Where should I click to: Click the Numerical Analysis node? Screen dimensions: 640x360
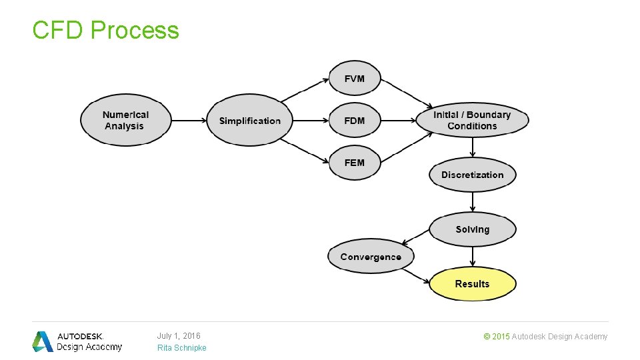pyautogui.click(x=126, y=120)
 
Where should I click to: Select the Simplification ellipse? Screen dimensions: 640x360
pyautogui.click(x=249, y=120)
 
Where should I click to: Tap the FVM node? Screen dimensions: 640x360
pyautogui.click(x=355, y=79)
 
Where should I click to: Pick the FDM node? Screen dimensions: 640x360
pyautogui.click(x=355, y=121)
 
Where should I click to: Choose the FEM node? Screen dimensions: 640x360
pyautogui.click(x=355, y=163)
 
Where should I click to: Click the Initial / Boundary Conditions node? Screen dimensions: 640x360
pyautogui.click(x=472, y=120)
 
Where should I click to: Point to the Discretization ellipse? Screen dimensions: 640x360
pyautogui.click(x=472, y=175)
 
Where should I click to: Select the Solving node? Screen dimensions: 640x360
pyautogui.click(x=472, y=229)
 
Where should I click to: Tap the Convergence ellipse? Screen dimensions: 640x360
pyautogui.click(x=371, y=256)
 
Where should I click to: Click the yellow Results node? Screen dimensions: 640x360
pyautogui.click(x=472, y=284)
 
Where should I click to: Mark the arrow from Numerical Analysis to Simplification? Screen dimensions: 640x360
pyautogui.click(x=189, y=121)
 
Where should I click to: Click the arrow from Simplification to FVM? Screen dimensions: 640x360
pyautogui.click(x=305, y=90)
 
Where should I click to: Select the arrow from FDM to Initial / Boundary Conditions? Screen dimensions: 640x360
pyautogui.click(x=399, y=121)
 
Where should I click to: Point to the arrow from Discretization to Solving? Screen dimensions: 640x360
pyautogui.click(x=472, y=202)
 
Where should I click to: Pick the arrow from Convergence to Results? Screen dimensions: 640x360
pyautogui.click(x=416, y=276)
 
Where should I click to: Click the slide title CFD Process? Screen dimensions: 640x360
pyautogui.click(x=105, y=30)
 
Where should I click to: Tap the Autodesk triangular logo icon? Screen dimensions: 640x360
pyautogui.click(x=43, y=341)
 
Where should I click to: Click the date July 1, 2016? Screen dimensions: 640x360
pyautogui.click(x=179, y=336)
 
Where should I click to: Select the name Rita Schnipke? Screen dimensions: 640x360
pyautogui.click(x=181, y=348)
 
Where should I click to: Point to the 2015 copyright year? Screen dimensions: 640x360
pyautogui.click(x=501, y=337)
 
